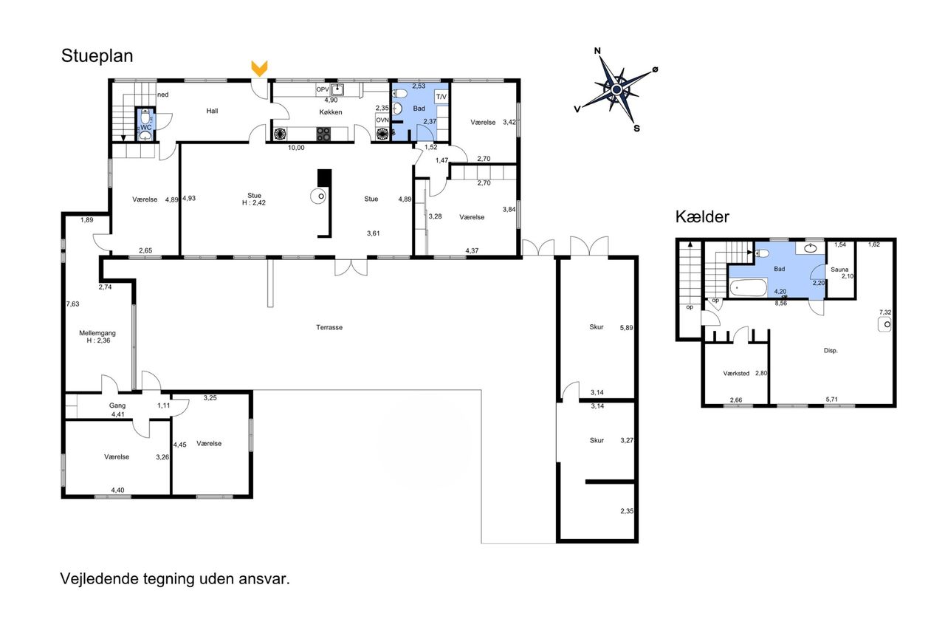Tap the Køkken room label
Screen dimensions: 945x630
[x=330, y=112]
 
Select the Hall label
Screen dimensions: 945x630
[x=212, y=111]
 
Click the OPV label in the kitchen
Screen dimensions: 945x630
[x=323, y=89]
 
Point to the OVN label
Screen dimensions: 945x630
[x=382, y=120]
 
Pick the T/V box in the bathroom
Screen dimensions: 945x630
[x=441, y=97]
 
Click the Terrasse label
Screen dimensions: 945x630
[x=329, y=327]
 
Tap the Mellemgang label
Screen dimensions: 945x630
[x=97, y=333]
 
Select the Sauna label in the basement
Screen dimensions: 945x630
[x=839, y=270]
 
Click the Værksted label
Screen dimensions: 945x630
[x=736, y=374]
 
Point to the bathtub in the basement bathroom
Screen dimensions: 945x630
[x=749, y=288]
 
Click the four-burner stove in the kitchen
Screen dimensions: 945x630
[x=323, y=134]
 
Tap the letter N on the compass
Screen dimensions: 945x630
[x=597, y=51]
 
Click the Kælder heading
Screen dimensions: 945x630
[x=702, y=217]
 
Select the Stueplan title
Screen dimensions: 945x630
[x=97, y=56]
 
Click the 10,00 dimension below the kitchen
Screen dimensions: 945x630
[x=296, y=148]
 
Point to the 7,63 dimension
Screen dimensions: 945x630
[x=72, y=304]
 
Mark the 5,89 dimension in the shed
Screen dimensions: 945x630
[x=627, y=328]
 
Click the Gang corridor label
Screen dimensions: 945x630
[x=117, y=405]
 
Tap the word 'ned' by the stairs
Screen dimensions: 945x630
[x=163, y=95]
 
